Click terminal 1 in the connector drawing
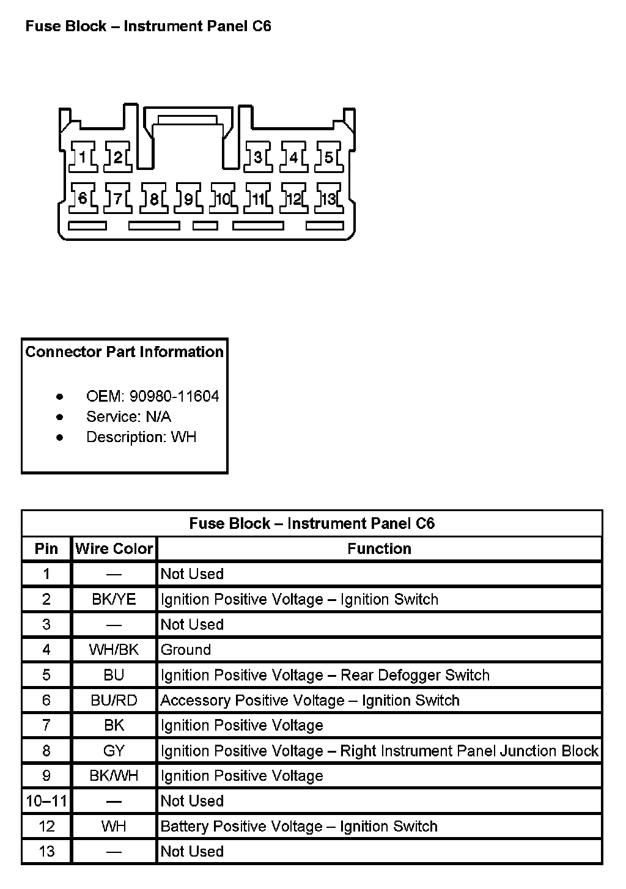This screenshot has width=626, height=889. click(83, 157)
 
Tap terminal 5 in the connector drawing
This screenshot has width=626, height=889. click(329, 157)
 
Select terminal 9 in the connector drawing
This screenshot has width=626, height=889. click(188, 199)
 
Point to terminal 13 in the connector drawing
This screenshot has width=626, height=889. click(329, 199)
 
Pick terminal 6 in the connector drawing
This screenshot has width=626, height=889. click(83, 199)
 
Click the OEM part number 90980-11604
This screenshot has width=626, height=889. click(174, 396)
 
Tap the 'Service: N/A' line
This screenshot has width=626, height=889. click(128, 417)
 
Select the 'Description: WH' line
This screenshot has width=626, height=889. click(141, 437)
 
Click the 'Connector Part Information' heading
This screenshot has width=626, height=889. click(124, 352)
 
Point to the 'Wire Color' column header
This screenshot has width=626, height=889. click(114, 548)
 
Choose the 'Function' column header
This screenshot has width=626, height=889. click(379, 548)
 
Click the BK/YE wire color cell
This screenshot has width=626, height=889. click(114, 599)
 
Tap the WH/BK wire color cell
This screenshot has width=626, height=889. click(114, 649)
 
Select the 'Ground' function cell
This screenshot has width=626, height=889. click(186, 649)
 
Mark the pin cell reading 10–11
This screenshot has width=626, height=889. click(46, 801)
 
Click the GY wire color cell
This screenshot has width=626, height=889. click(114, 751)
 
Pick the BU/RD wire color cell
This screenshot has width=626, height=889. click(114, 700)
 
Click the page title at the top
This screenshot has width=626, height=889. click(148, 26)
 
